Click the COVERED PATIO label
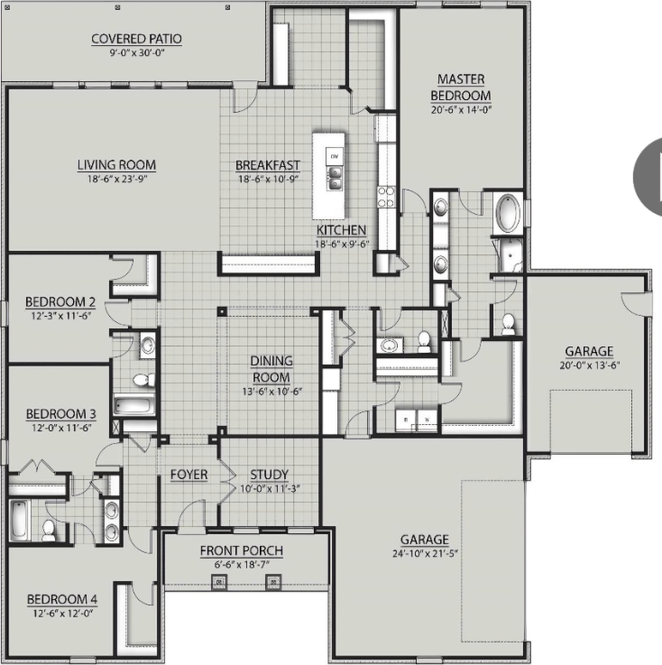pos(136,39)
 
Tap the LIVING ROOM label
pos(116,164)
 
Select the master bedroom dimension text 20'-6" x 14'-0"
pos(461,109)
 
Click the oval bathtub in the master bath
pos(508,213)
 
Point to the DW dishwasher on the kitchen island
pos(335,156)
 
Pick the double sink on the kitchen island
pos(335,179)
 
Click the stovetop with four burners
pos(387,198)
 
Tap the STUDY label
pos(269,474)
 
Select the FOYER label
pos(189,475)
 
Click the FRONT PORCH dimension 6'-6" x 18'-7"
pos(242,565)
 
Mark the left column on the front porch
pos(219,582)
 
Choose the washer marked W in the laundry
pos(428,420)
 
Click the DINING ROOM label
pos(271,369)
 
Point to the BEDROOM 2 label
pos(60,302)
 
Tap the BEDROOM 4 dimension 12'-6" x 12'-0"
pos(63,614)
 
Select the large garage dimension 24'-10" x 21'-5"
pos(425,553)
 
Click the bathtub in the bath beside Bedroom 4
pos(20,521)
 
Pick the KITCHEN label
pos(341,230)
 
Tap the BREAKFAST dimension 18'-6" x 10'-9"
pos(268,179)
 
